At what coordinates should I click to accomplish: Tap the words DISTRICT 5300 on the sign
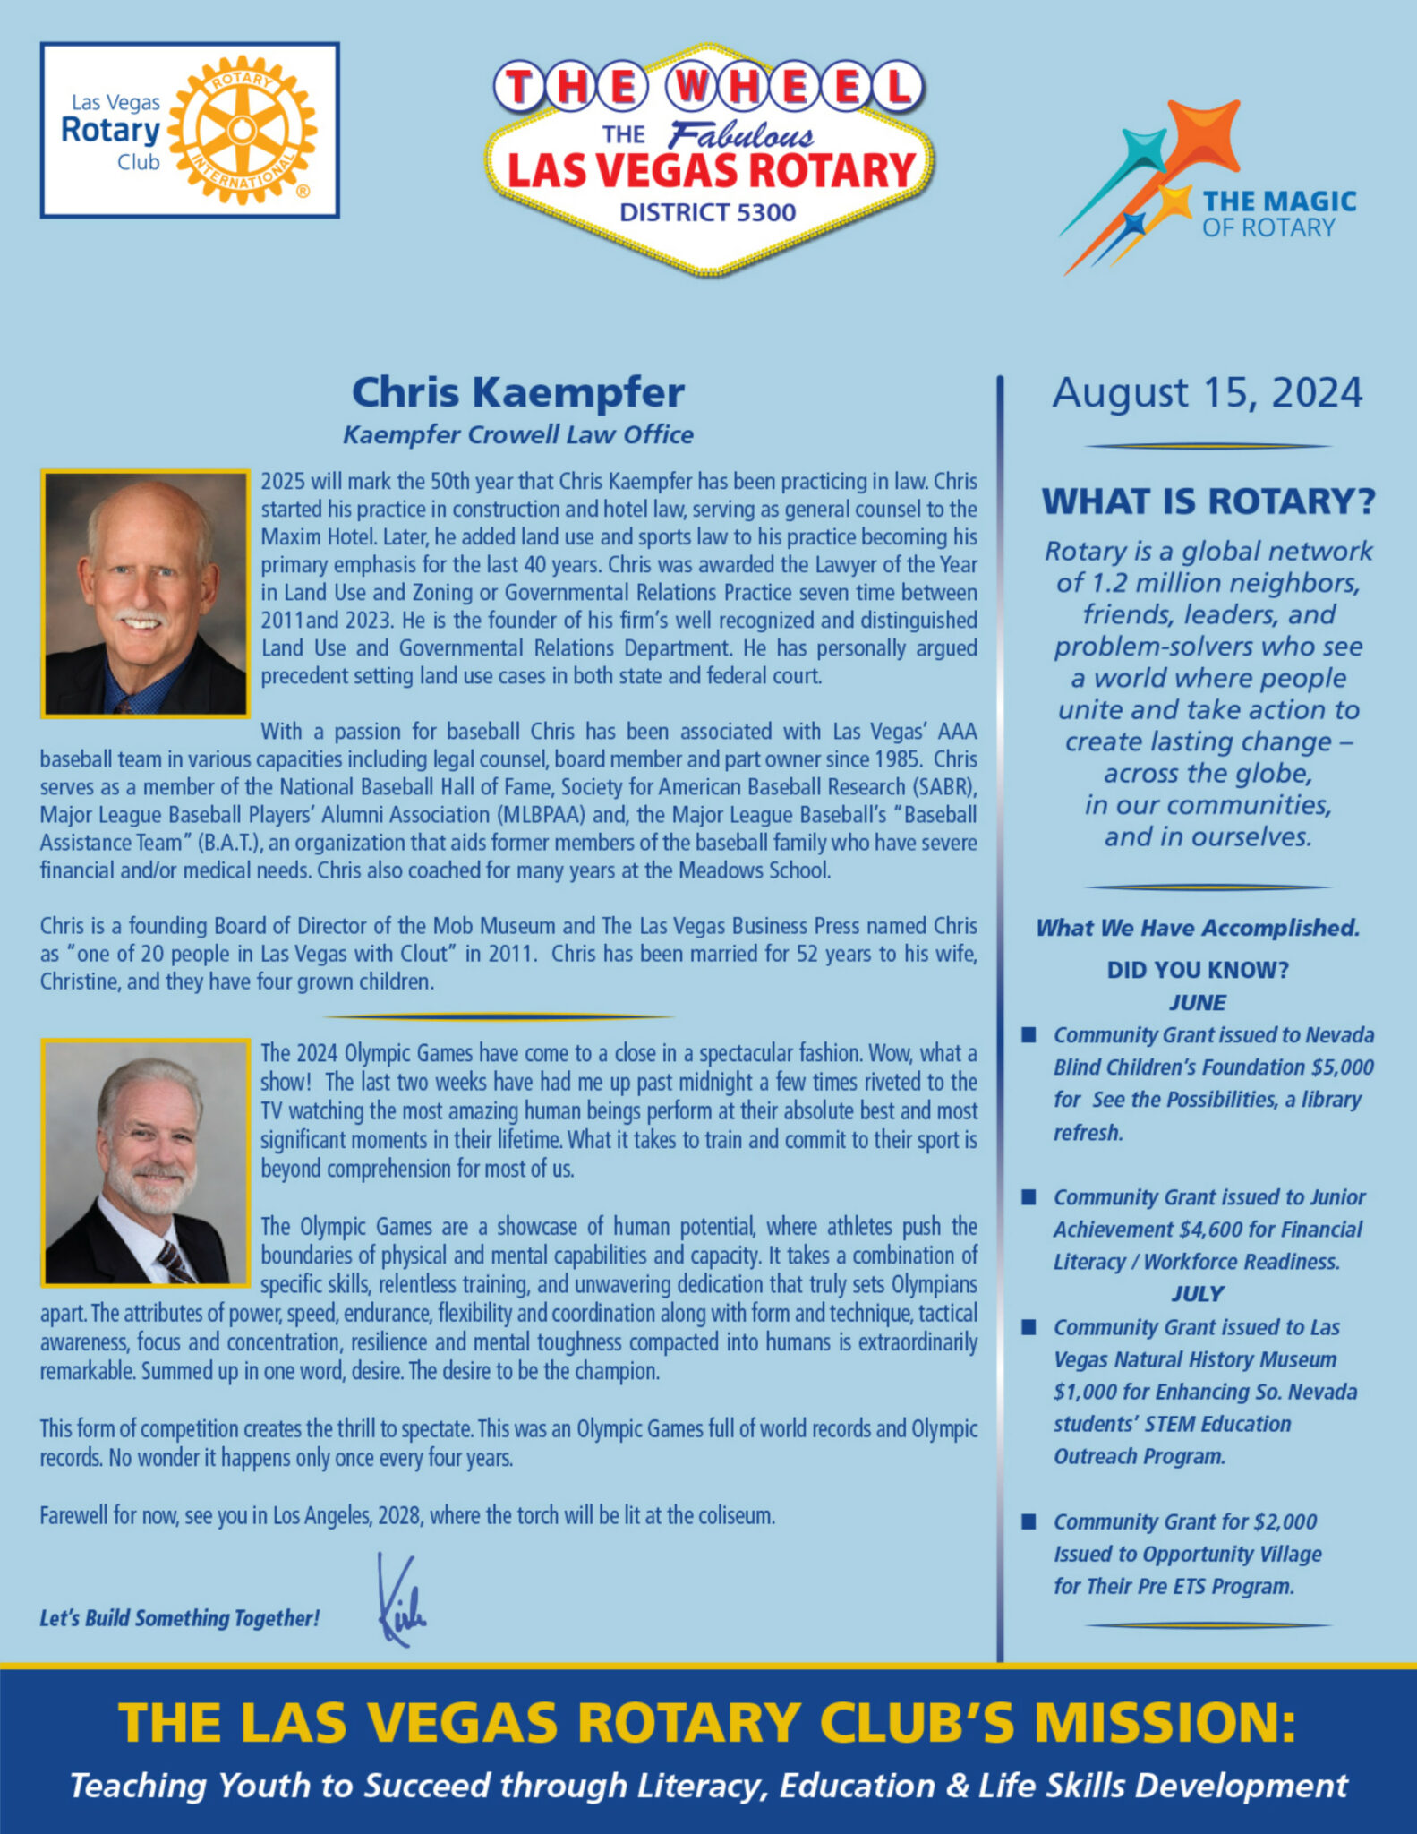coord(707,212)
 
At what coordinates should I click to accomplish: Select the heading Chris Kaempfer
coord(517,392)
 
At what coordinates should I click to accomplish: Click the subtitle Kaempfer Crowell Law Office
coord(517,435)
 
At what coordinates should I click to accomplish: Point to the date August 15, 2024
coord(1207,393)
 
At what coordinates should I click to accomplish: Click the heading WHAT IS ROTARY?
coord(1208,501)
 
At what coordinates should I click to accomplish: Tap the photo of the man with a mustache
coord(145,593)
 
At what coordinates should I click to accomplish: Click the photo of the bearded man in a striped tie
coord(145,1162)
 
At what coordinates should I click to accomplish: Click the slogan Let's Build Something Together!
coord(179,1618)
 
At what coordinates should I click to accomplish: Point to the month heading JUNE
coord(1197,1002)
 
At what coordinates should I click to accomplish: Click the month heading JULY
coord(1197,1293)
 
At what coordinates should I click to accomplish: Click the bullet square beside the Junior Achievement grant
coord(1029,1197)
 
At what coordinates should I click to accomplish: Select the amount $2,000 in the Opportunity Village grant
coord(1285,1521)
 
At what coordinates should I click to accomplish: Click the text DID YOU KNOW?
coord(1197,970)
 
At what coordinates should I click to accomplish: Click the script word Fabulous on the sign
coord(741,136)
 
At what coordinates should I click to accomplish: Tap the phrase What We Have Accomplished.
coord(1197,928)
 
